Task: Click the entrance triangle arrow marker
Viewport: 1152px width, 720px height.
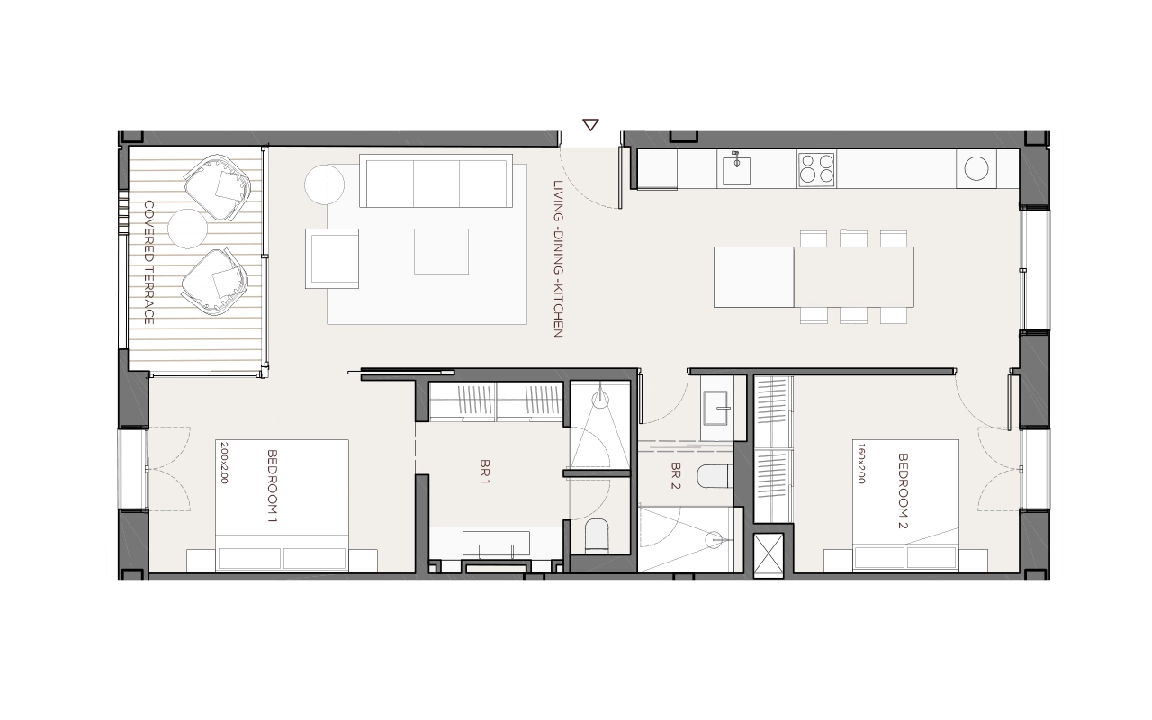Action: coord(590,125)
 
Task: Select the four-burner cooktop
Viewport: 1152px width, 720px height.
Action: coord(816,168)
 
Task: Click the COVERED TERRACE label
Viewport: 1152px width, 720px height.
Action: coord(149,262)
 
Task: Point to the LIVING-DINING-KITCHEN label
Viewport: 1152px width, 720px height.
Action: coord(558,258)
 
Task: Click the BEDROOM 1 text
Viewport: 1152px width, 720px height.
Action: coord(272,486)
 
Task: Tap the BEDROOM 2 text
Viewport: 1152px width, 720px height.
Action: coord(903,490)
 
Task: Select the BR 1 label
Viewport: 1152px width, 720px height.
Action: coord(484,472)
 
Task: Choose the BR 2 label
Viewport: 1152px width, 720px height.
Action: coord(675,475)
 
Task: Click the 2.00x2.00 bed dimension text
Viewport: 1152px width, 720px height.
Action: coord(224,463)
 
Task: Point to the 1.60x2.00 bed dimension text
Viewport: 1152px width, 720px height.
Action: coord(862,463)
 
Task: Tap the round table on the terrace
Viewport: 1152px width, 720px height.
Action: coord(188,229)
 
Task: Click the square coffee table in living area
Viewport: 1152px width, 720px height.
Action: coord(441,251)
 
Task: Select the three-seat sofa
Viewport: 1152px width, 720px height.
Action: coord(436,181)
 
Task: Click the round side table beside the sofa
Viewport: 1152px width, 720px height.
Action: coord(324,184)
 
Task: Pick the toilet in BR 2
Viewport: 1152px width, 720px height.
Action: coord(715,476)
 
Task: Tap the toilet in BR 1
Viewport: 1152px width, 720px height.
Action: coord(597,535)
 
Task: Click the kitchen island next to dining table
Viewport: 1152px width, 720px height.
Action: coord(754,277)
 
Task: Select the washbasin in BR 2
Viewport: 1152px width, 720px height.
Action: coord(715,409)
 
